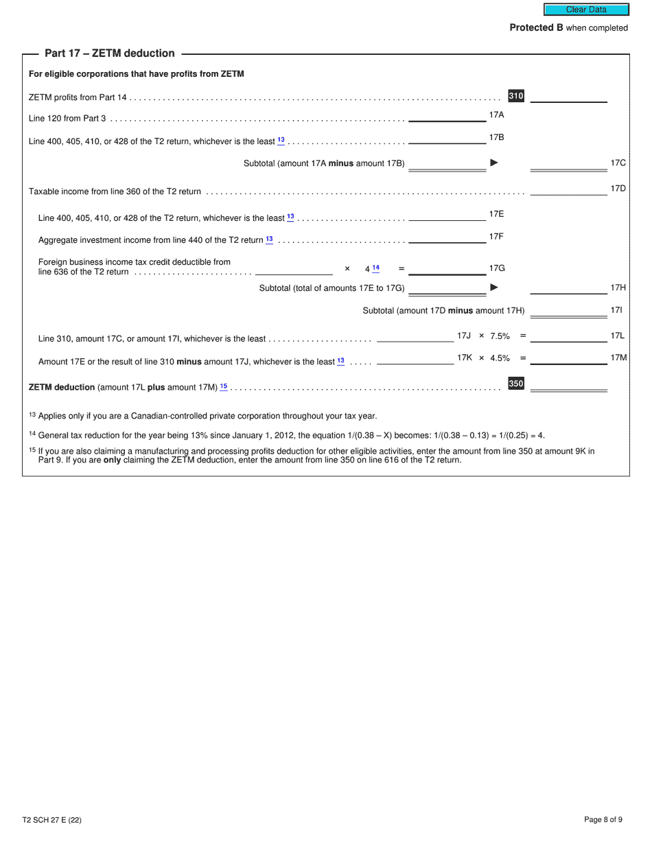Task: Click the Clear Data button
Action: coord(586,10)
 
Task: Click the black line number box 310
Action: coord(516,96)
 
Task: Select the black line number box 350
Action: coord(516,384)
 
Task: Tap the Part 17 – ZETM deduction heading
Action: coord(110,54)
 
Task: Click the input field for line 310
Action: coord(568,96)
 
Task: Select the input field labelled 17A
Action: coord(447,115)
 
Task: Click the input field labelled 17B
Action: coord(447,138)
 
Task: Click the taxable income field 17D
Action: coord(568,189)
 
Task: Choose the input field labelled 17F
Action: coord(447,237)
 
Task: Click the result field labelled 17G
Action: coord(447,268)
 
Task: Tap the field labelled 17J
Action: coord(415,336)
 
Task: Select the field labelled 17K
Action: coord(415,358)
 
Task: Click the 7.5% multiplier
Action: coord(500,336)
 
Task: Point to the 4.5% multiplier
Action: coord(500,358)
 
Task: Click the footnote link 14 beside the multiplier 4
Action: coord(375,268)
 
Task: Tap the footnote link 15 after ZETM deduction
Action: coord(224,387)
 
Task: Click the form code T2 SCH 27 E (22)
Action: coord(51,820)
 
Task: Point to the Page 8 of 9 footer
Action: coord(603,820)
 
